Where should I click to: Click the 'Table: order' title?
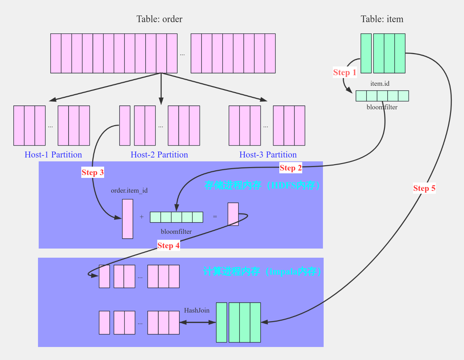pos(159,19)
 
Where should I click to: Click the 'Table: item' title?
pos(382,19)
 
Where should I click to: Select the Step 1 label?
pos(345,72)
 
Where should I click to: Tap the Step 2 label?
pos(291,168)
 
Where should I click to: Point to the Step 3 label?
pos(93,172)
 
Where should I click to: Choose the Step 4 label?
pos(169,245)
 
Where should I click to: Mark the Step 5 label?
pos(424,188)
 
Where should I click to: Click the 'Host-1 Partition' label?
pos(53,155)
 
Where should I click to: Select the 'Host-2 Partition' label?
pos(159,155)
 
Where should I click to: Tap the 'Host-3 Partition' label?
pos(268,155)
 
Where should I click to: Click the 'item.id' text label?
pos(380,84)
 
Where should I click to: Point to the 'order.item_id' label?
pos(129,191)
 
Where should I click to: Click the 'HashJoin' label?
pos(197,310)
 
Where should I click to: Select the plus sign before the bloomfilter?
pos(141,217)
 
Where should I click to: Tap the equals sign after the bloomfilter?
pos(215,217)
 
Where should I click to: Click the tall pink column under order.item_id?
pos(128,219)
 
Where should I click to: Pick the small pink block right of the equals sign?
pos(233,214)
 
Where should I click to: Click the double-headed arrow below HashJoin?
pos(197,322)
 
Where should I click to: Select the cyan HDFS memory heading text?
pos(262,185)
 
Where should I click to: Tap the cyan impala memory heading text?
pos(262,271)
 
